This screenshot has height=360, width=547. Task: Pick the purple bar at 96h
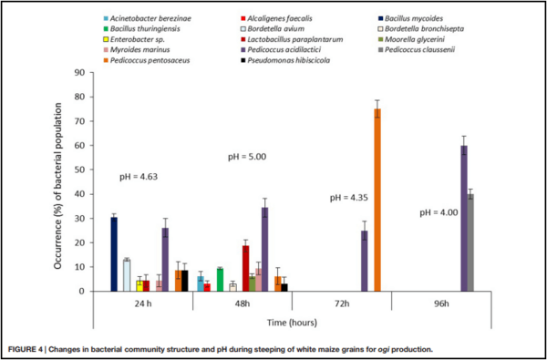(x=463, y=219)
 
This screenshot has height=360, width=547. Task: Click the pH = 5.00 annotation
(x=246, y=158)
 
